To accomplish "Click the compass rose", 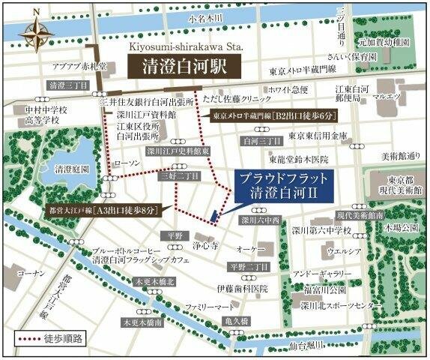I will click(x=33, y=34).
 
